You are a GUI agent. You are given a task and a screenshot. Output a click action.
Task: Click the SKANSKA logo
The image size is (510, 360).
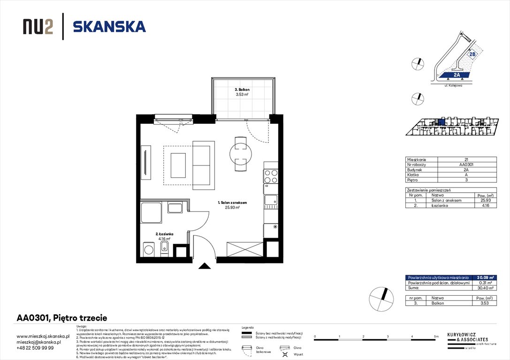point(109,27)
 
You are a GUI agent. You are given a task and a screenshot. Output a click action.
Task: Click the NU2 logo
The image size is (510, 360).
point(38,27)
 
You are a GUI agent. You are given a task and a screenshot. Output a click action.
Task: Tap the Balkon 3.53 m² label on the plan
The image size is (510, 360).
point(242,92)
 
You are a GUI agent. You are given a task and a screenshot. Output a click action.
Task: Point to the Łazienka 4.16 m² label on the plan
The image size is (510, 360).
point(165,236)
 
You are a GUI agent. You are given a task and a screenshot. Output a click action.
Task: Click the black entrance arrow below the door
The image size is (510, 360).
point(205,266)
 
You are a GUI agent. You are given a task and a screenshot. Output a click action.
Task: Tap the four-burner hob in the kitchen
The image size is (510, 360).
point(271,176)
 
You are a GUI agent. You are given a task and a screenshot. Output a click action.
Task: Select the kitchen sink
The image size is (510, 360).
point(271,201)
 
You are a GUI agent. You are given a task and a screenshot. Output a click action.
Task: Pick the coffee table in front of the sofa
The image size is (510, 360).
point(178,165)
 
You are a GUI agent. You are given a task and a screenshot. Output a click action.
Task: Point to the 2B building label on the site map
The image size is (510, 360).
point(472,54)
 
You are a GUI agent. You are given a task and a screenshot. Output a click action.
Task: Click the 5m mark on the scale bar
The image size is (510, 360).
point(437,337)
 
